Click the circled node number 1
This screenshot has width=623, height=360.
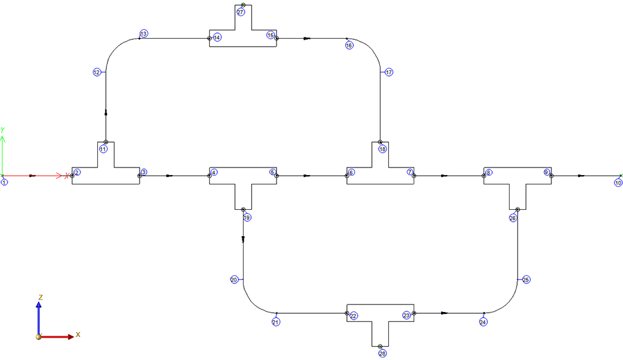coord(4,182)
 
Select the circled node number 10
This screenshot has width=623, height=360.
coord(618,183)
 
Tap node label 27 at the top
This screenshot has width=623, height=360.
coord(240,12)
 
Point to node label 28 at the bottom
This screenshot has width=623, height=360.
coord(383,353)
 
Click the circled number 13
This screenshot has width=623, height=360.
coord(144,34)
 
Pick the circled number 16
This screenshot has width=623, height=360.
coord(349,45)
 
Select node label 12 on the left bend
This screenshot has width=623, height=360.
coord(97,72)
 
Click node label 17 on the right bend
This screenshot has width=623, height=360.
coord(389,72)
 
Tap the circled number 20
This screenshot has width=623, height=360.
coord(234,280)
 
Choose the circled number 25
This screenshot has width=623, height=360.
coord(526,280)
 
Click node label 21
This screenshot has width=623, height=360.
coord(275,322)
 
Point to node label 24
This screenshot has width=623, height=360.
coord(483,322)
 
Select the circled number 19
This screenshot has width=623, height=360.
coord(247,218)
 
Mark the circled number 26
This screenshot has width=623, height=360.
coord(513,218)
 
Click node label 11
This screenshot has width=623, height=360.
coord(103,149)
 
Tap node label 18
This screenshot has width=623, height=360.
coord(383,149)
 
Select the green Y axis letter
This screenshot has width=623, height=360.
coord(3,129)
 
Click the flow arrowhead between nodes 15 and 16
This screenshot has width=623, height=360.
coord(307,38)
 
